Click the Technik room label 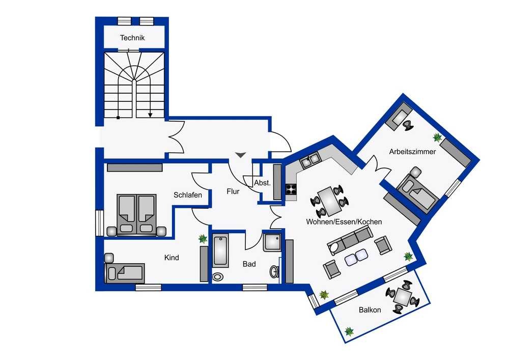(132, 38)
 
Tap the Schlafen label (188, 195)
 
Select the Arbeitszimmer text (412, 152)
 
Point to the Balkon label (370, 310)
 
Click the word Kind (172, 258)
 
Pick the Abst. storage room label (262, 183)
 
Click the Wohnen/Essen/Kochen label (344, 221)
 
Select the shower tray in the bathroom (272, 242)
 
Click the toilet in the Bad (217, 276)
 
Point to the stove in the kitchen (291, 189)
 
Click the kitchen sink (310, 160)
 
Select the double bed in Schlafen (136, 215)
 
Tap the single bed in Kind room (125, 273)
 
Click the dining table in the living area (329, 202)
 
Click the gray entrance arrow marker (241, 155)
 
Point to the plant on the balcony (349, 331)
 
